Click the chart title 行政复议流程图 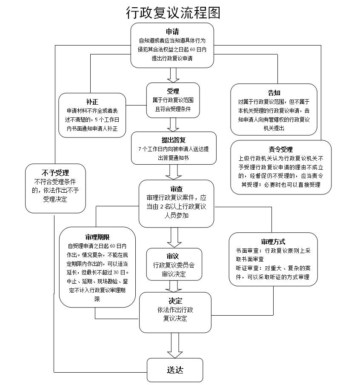coord(173,13)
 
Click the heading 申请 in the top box coord(172,32)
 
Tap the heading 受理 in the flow coord(173,91)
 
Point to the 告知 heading coord(274,93)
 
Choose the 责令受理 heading coord(281,149)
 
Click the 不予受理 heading coord(55,173)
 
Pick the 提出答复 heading coord(173,140)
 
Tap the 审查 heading coord(176,189)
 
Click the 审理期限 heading coord(97,237)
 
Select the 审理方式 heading coord(273,242)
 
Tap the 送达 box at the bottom coord(175,370)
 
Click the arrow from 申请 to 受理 coord(173,75)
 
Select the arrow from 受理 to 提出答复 coord(173,124)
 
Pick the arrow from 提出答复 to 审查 coord(173,172)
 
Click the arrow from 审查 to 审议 coord(174,237)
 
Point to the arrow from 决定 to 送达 coord(175,345)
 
